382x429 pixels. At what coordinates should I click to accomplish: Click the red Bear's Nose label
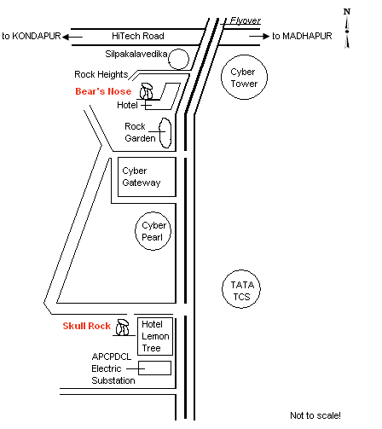(x=103, y=91)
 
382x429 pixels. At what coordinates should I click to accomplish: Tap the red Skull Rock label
(x=86, y=326)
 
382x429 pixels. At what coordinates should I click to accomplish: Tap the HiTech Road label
(x=138, y=36)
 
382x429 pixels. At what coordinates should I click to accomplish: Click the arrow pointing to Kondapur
(x=72, y=37)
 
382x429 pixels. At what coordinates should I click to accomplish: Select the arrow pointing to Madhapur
(x=259, y=36)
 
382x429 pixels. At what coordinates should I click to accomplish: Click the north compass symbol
(x=347, y=28)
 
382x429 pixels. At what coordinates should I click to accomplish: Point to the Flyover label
(x=246, y=20)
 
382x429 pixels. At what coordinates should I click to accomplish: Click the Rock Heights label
(x=101, y=74)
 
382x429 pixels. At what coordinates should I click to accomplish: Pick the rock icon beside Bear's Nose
(x=147, y=91)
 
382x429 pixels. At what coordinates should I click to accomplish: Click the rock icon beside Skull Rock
(x=123, y=327)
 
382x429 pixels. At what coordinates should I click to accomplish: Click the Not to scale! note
(x=315, y=415)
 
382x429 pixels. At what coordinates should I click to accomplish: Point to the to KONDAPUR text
(x=32, y=36)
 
